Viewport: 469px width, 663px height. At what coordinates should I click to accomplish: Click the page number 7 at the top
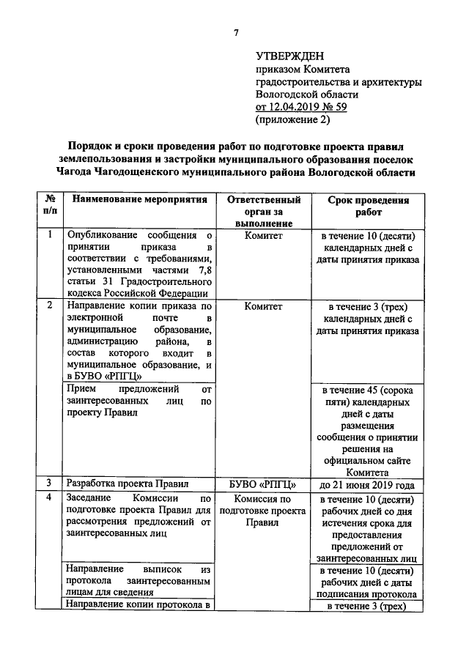(236, 32)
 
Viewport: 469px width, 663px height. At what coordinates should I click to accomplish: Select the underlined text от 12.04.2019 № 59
(300, 106)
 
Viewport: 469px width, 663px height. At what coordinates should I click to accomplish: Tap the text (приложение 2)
(289, 119)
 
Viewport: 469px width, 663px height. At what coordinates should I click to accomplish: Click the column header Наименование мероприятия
(136, 199)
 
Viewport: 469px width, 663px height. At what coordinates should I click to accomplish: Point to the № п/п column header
(49, 206)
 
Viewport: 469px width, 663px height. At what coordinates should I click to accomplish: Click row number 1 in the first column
(49, 236)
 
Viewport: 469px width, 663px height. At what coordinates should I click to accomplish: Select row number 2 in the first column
(49, 305)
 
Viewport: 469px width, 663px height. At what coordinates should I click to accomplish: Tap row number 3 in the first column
(49, 484)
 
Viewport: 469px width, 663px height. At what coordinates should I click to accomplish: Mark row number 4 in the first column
(49, 498)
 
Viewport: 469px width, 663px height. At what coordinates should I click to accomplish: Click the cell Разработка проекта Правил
(128, 484)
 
